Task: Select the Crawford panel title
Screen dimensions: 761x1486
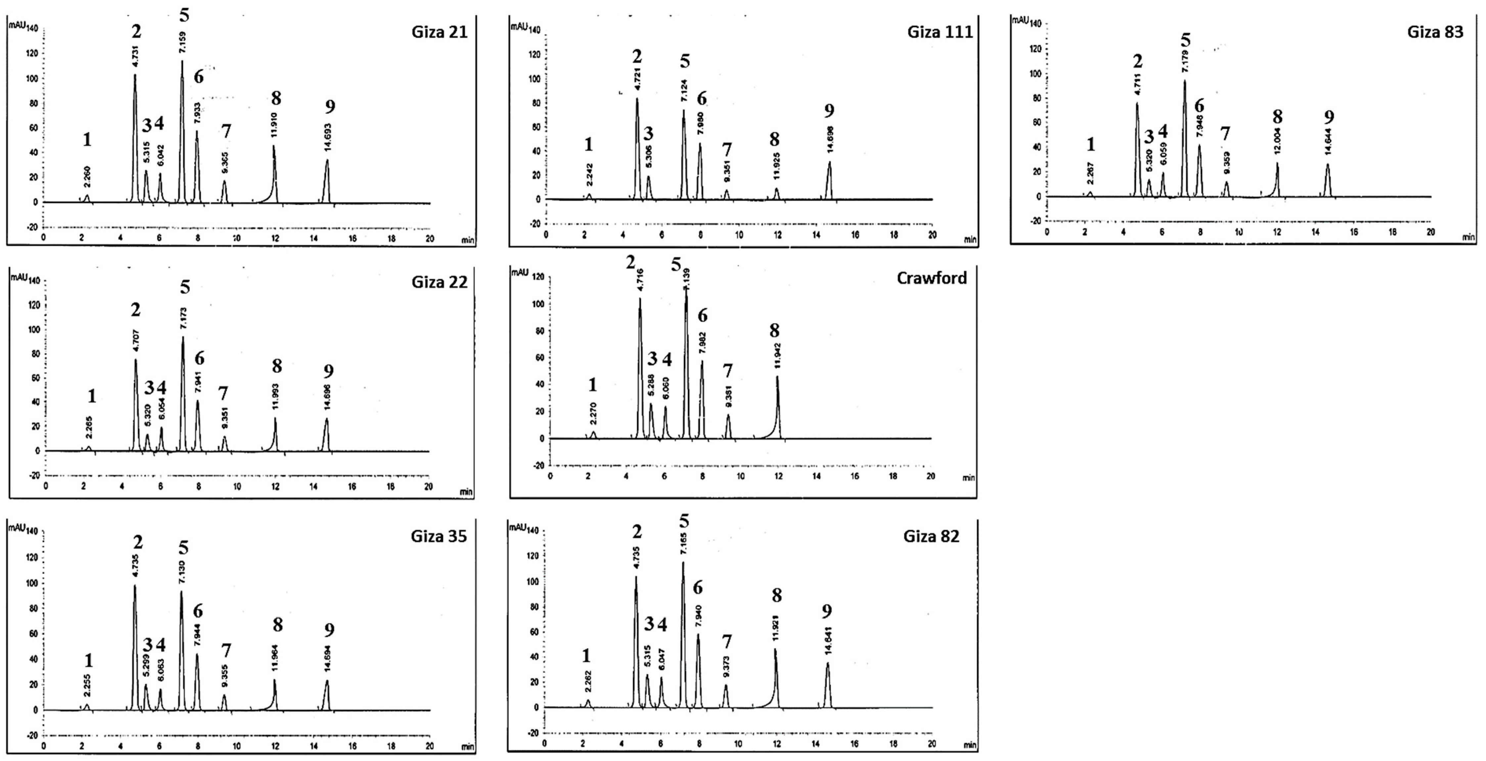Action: pos(932,278)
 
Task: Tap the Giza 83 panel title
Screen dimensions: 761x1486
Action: pos(1435,32)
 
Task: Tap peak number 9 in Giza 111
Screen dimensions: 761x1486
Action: pos(830,110)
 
